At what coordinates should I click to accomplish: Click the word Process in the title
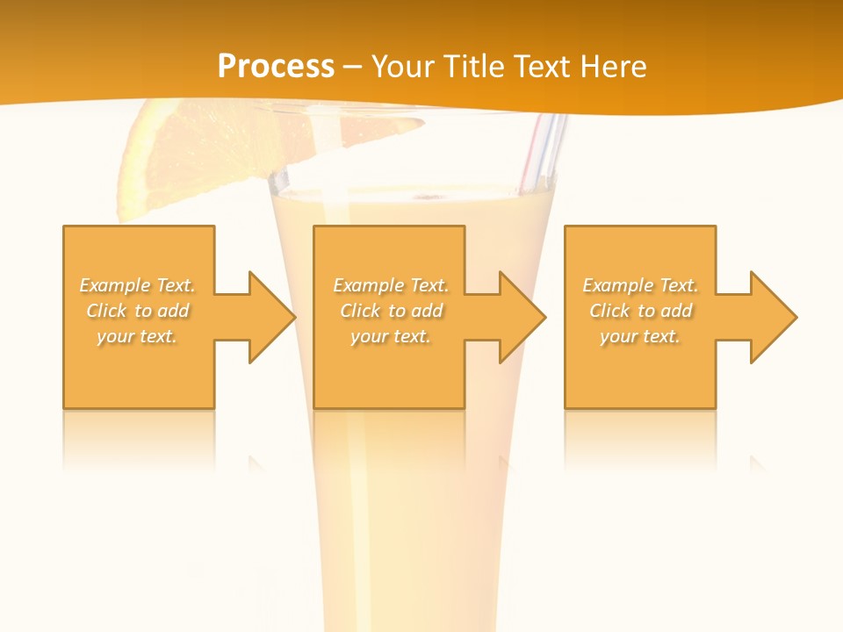pos(276,67)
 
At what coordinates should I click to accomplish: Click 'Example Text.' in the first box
pos(137,285)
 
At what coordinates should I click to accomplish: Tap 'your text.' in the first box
pos(137,336)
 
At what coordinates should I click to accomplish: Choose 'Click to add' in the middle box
pos(391,311)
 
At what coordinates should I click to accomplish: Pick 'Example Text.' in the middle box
pos(391,285)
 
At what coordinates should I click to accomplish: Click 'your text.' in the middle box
pos(391,336)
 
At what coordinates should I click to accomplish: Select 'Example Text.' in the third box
pos(640,285)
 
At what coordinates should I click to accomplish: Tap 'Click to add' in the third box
pos(640,311)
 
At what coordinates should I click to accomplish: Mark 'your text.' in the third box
pos(640,336)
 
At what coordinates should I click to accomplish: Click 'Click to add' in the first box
pos(137,311)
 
